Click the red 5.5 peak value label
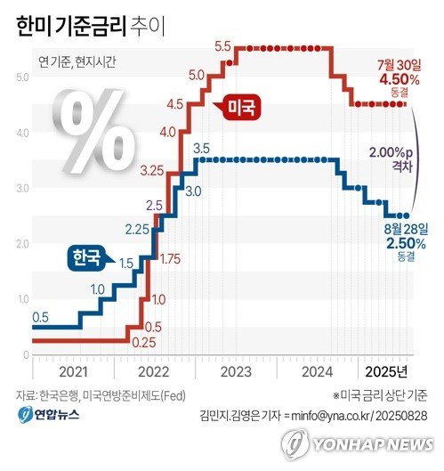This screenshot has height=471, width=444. coord(222,45)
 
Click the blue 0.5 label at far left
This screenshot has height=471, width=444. coord(41,317)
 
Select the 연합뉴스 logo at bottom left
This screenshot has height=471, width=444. coord(49,416)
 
